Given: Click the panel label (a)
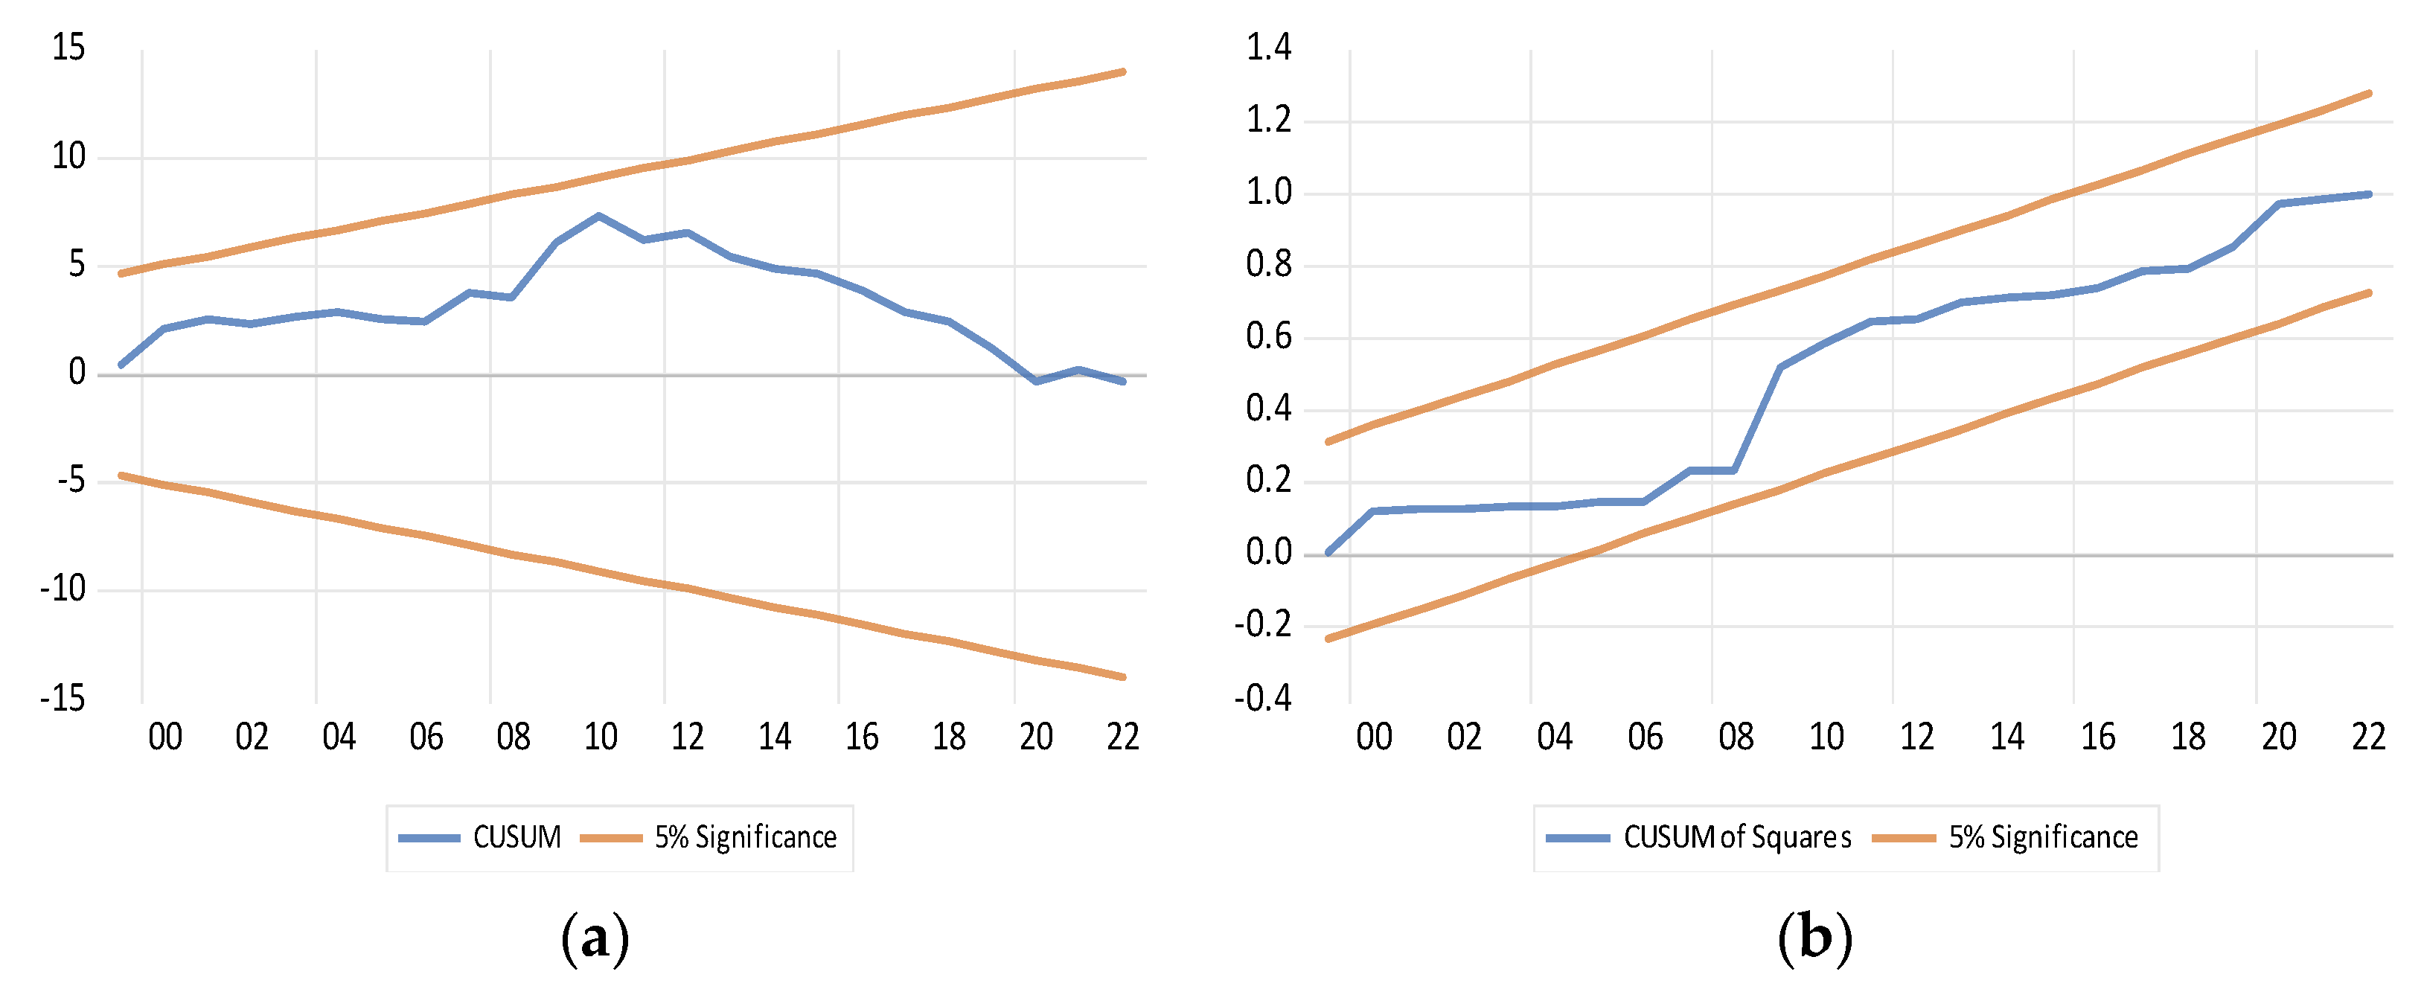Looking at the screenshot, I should (x=594, y=938).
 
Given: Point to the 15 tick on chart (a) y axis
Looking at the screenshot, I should (x=68, y=48).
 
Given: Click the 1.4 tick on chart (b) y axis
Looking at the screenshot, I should (x=1268, y=47).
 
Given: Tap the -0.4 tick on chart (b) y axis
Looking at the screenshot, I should (x=1262, y=698).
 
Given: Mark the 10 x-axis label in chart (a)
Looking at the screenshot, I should (x=601, y=737).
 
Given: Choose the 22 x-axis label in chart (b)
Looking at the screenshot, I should (x=2368, y=737).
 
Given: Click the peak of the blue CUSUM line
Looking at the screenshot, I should (x=598, y=217).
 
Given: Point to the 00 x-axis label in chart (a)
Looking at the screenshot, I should (x=164, y=737).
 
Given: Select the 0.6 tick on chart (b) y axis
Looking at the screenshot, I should (x=1268, y=336).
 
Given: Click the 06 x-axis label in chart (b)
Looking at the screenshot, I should (x=1645, y=737).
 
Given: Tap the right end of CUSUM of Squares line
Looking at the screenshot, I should (x=2368, y=194).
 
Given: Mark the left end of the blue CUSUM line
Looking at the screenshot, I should (x=121, y=365).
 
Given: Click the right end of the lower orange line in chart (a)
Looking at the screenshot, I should (x=1123, y=676).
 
